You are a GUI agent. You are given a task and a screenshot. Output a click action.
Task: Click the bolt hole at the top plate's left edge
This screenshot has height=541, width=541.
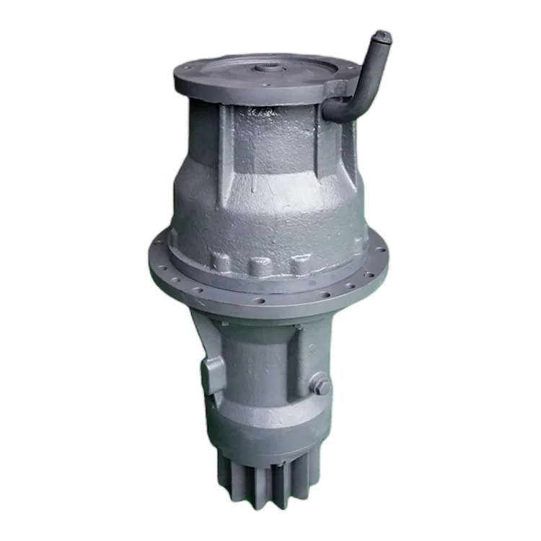(x=186, y=69)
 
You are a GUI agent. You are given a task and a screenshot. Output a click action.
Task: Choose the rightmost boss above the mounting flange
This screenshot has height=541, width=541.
(x=298, y=264)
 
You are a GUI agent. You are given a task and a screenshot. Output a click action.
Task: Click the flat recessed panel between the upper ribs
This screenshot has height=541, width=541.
(x=270, y=141)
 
